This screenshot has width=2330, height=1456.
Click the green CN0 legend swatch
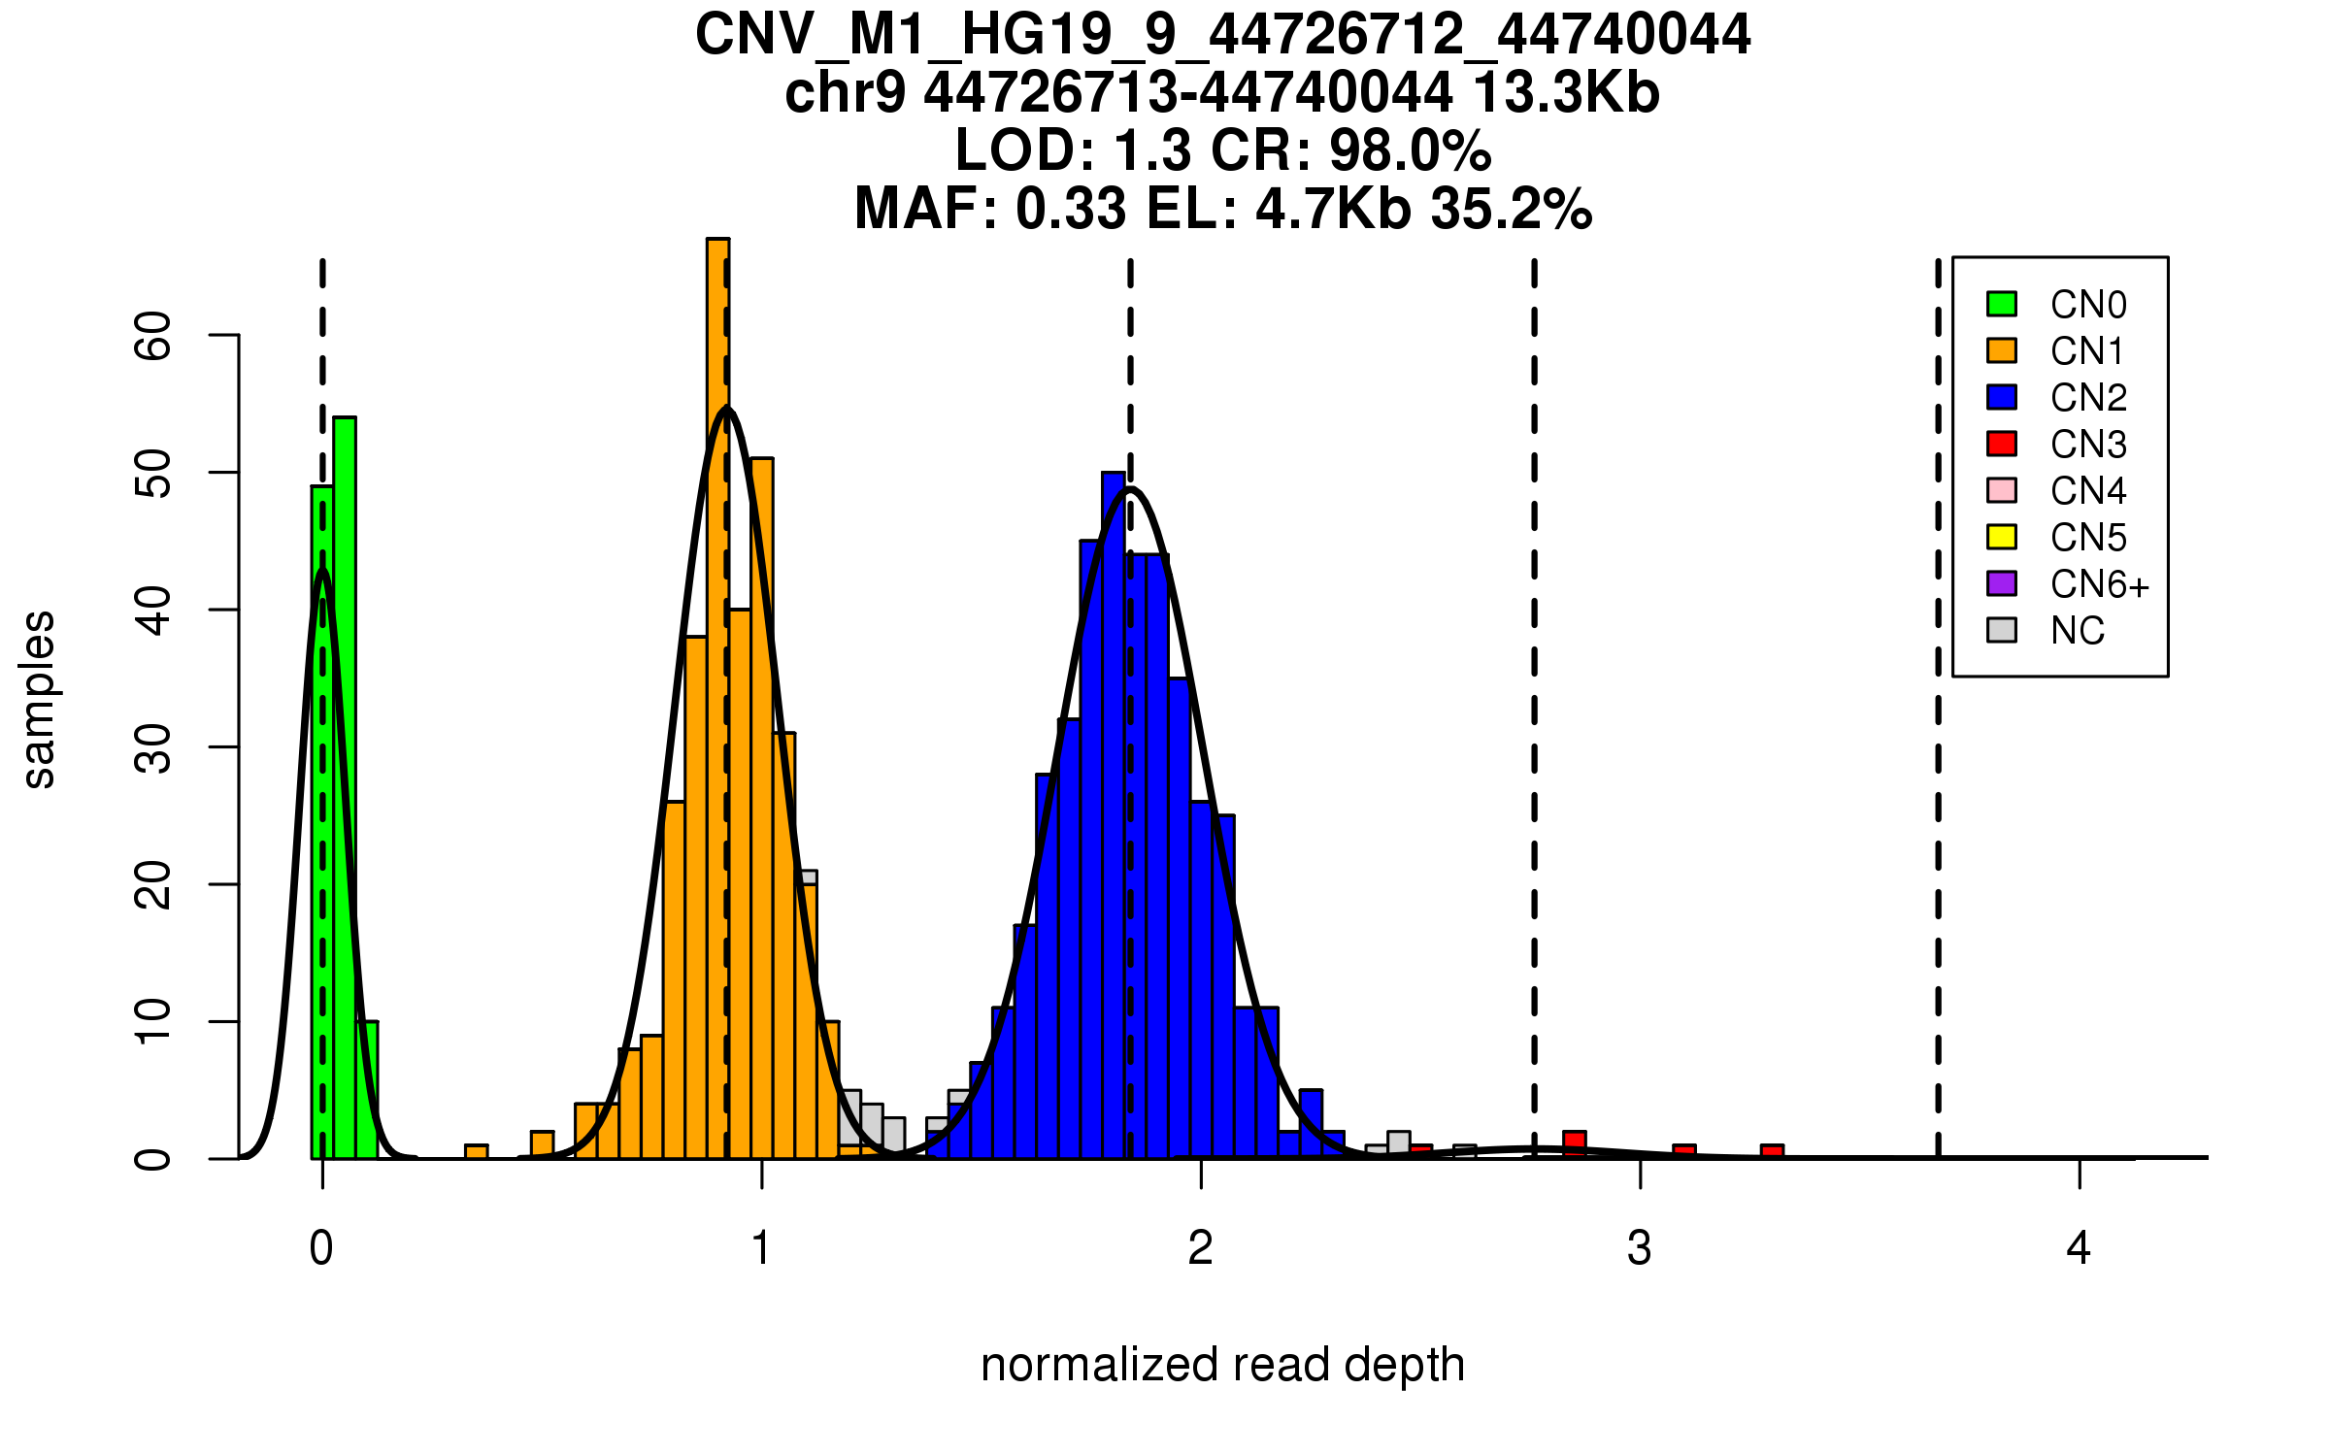[x=2002, y=304]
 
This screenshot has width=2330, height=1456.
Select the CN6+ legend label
[x=2100, y=584]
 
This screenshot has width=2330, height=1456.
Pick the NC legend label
[x=2078, y=631]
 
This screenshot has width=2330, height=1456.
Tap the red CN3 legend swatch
[x=2002, y=444]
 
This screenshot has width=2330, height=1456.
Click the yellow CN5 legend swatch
[x=2002, y=537]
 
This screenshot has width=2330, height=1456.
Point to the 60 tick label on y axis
[x=153, y=336]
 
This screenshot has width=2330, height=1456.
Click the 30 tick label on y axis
[x=153, y=747]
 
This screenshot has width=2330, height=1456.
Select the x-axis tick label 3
[x=1640, y=1248]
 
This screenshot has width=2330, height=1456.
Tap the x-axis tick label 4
[x=2079, y=1248]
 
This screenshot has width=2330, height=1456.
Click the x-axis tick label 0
[x=321, y=1248]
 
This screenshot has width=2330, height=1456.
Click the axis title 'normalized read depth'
[x=1222, y=1365]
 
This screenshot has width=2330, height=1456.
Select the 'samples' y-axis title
[x=39, y=699]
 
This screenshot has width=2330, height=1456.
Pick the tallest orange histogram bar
[x=717, y=699]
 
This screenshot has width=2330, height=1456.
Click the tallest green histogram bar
[x=345, y=786]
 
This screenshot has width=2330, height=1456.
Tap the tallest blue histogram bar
[x=1114, y=815]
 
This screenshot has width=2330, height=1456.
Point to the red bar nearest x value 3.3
[x=1773, y=1151]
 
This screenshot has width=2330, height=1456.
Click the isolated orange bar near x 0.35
[x=476, y=1151]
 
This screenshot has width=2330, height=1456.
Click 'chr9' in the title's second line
[x=845, y=93]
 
